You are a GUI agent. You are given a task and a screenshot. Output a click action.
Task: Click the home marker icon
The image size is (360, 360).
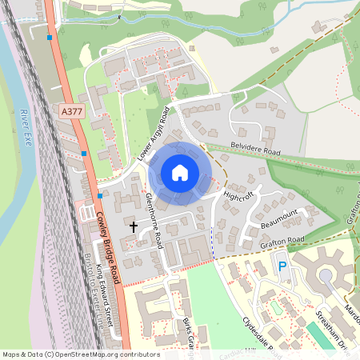(180, 173)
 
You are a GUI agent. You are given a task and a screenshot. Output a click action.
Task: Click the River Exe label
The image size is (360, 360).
(27, 124)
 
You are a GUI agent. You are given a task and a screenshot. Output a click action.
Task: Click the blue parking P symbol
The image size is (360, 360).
(282, 266)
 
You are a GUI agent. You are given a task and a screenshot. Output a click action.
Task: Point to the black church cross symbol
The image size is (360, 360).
(134, 227)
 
